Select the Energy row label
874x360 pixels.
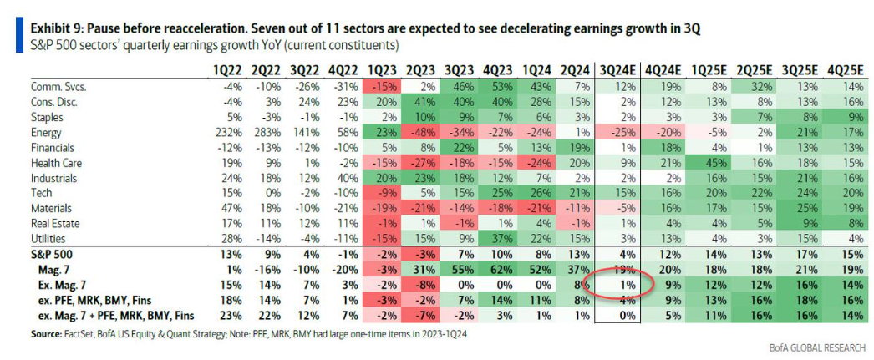click(48, 131)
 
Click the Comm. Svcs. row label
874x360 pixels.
click(59, 86)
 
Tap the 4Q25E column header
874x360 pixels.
click(846, 68)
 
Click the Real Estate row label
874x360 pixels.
click(55, 222)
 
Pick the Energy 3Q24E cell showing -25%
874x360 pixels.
click(619, 131)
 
